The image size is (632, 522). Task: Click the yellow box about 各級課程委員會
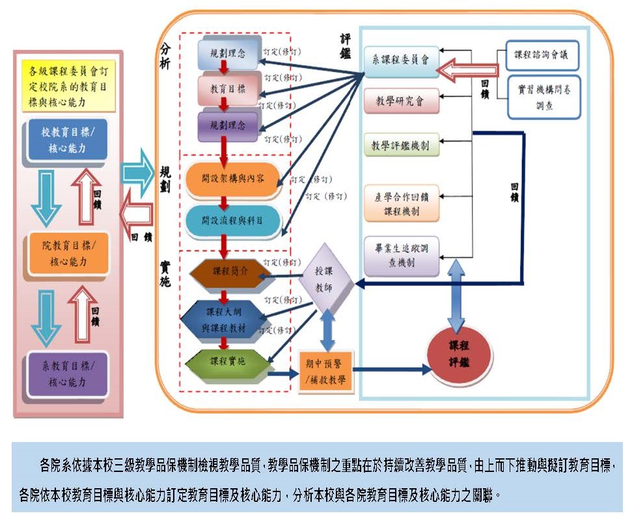(68, 85)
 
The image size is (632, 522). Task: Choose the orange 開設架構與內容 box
(232, 177)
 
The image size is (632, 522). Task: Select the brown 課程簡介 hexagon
(224, 272)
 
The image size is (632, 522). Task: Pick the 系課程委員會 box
(402, 62)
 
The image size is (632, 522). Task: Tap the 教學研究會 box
(402, 101)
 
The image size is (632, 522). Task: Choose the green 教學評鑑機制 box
(402, 145)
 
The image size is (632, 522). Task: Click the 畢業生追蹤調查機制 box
(402, 255)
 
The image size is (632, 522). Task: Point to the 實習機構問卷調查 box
(543, 97)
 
